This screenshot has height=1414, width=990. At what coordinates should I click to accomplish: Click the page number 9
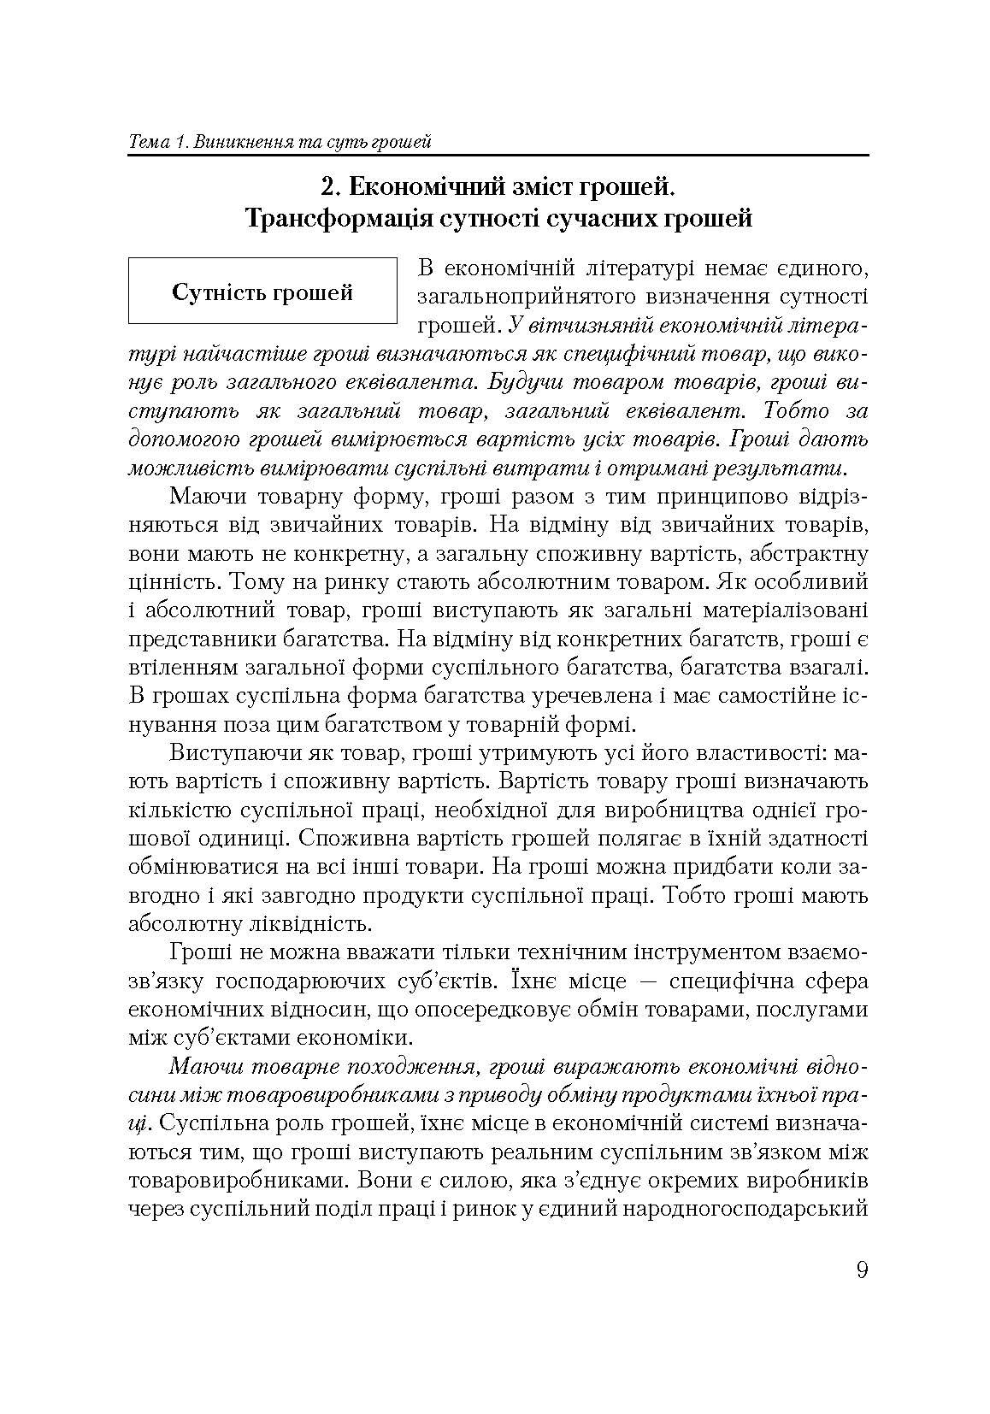coord(861,1270)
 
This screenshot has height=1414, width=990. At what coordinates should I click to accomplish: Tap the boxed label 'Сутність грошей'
coord(262,292)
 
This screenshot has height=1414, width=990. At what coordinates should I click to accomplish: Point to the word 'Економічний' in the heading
coord(424,186)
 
